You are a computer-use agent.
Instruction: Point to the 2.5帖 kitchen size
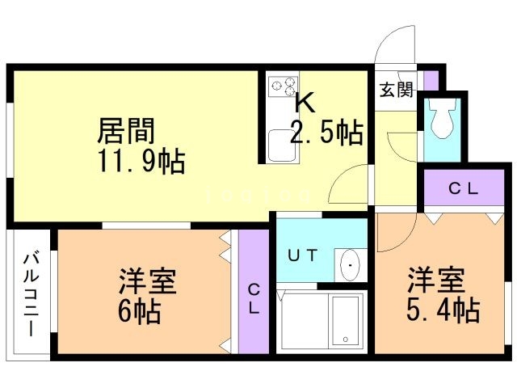(x=326, y=132)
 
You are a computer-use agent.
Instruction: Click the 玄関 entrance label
(x=396, y=89)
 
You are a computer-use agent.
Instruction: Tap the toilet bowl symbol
(x=441, y=120)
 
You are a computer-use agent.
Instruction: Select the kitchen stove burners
(x=283, y=85)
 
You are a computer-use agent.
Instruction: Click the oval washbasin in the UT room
(x=350, y=265)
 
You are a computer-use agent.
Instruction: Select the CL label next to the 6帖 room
(x=254, y=297)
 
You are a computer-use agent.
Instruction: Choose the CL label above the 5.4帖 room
(x=464, y=191)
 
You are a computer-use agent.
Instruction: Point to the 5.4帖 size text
(x=443, y=310)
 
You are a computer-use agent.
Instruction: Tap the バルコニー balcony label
(x=31, y=294)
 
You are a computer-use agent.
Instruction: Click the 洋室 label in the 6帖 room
(x=147, y=282)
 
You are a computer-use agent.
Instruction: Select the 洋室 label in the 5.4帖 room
(x=435, y=281)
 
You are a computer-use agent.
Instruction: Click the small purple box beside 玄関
(x=431, y=81)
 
